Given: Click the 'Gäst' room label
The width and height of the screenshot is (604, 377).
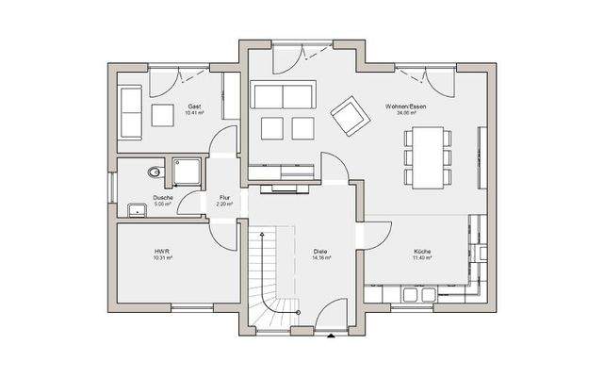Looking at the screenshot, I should [x=195, y=106].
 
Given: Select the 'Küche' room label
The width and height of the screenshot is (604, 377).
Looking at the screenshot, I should [x=421, y=252].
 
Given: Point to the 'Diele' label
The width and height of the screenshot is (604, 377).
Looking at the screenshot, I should [x=319, y=252].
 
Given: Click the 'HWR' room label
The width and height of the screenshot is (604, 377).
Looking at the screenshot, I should [x=161, y=252].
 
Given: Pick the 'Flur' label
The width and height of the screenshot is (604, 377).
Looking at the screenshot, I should [x=224, y=197].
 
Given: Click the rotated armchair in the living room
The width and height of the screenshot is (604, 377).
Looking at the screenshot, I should [x=349, y=116].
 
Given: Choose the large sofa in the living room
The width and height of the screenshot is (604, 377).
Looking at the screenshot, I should [x=284, y=95].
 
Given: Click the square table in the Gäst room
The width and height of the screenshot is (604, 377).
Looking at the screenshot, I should [x=163, y=115].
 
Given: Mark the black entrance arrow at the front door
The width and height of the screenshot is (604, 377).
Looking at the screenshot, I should [x=329, y=336].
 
